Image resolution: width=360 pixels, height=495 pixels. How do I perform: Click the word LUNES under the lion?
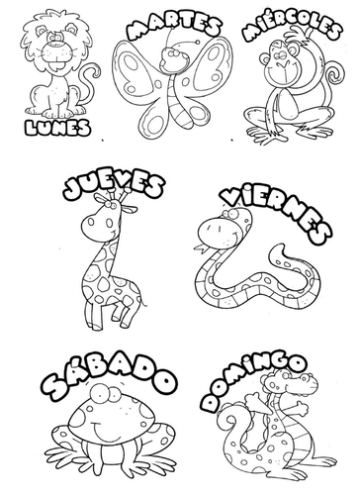[x=57, y=127]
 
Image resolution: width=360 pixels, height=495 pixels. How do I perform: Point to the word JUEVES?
[x=113, y=186]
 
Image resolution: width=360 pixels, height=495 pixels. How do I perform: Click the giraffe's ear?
[x=131, y=209]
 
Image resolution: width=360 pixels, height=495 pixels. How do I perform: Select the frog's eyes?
[x=106, y=394]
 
